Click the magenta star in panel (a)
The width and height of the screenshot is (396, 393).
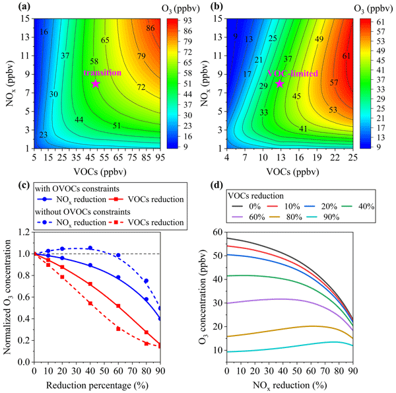96,83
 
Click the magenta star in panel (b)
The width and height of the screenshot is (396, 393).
279,83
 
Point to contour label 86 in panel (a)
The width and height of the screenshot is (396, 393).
150,28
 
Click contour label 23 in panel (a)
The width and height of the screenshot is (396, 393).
43,135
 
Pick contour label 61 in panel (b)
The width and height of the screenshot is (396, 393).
346,55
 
